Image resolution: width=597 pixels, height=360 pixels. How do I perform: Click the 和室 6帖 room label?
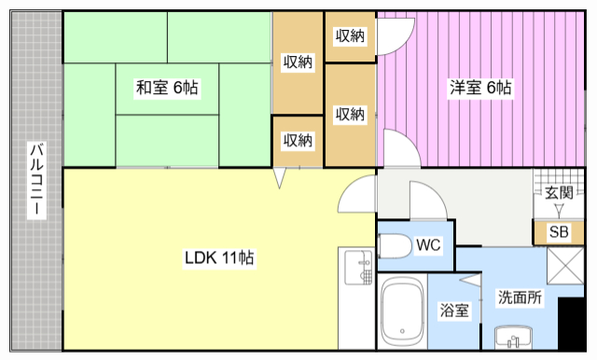point(167,89)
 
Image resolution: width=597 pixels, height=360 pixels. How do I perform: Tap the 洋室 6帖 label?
point(480,89)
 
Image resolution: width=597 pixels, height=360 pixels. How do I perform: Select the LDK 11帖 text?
point(219,258)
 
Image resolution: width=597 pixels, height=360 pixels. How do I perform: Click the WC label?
point(428,245)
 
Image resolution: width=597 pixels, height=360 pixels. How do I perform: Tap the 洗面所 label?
point(520,298)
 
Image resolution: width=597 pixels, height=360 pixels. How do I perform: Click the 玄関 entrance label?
point(559,193)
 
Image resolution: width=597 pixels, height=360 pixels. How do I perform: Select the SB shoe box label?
point(558,232)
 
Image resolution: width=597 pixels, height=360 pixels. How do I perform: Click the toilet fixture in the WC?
point(396,246)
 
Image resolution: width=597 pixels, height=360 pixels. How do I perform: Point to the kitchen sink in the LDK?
point(355,270)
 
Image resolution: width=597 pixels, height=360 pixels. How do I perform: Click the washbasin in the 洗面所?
point(509,336)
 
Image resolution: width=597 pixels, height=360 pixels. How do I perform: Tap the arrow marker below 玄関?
point(559,210)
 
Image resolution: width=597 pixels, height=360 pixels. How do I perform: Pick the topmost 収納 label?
point(350,36)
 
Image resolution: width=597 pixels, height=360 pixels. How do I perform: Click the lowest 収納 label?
point(298,140)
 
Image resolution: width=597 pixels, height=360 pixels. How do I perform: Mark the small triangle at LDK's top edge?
point(279,178)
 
